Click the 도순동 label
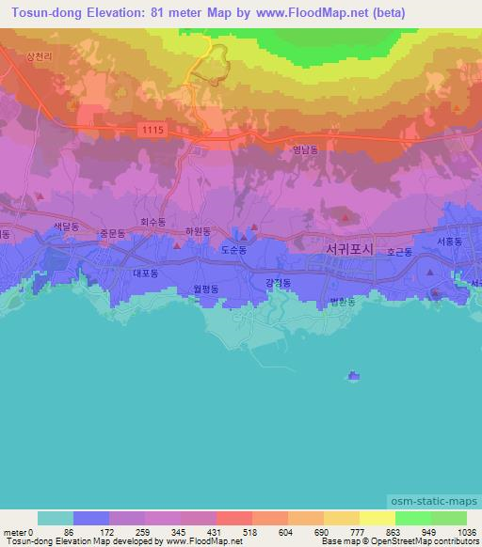[x=233, y=251]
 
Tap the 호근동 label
[x=399, y=253]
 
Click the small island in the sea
[x=353, y=377]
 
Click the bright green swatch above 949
[x=413, y=518]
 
